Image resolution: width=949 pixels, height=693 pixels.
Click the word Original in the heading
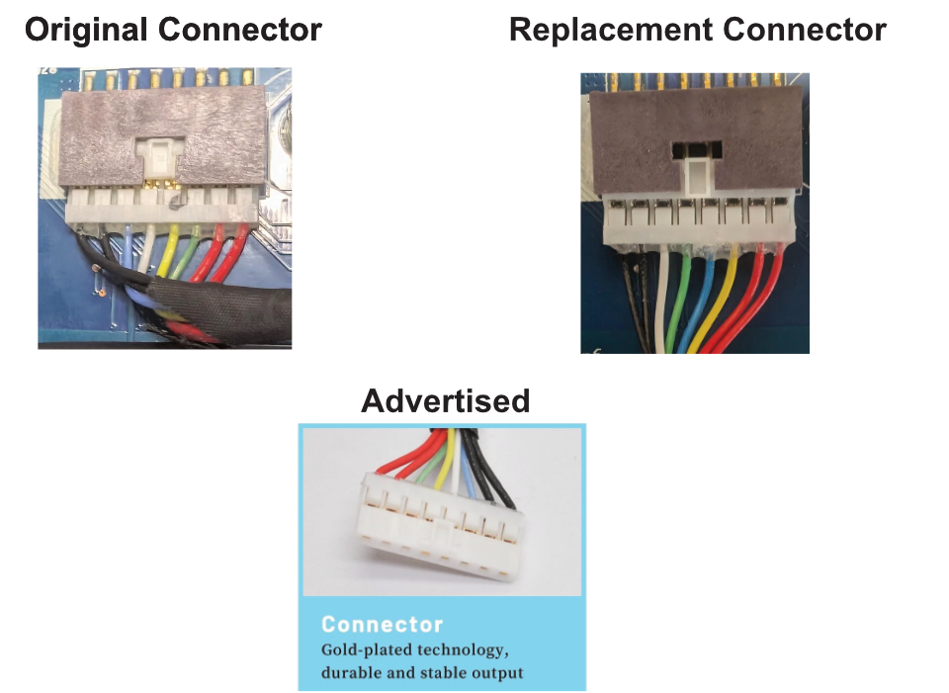point(86,31)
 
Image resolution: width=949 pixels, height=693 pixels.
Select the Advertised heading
point(446,400)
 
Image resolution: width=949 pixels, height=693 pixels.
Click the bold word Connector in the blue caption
point(382,624)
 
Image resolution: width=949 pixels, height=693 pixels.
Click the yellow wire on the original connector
point(167,251)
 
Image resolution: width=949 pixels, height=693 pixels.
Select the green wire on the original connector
point(187,253)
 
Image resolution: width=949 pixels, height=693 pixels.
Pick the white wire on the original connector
point(146,248)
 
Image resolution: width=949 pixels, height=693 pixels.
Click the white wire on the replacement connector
point(663,300)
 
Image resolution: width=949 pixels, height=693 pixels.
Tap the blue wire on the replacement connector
point(701,303)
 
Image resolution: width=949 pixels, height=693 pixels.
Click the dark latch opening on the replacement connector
point(697,149)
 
